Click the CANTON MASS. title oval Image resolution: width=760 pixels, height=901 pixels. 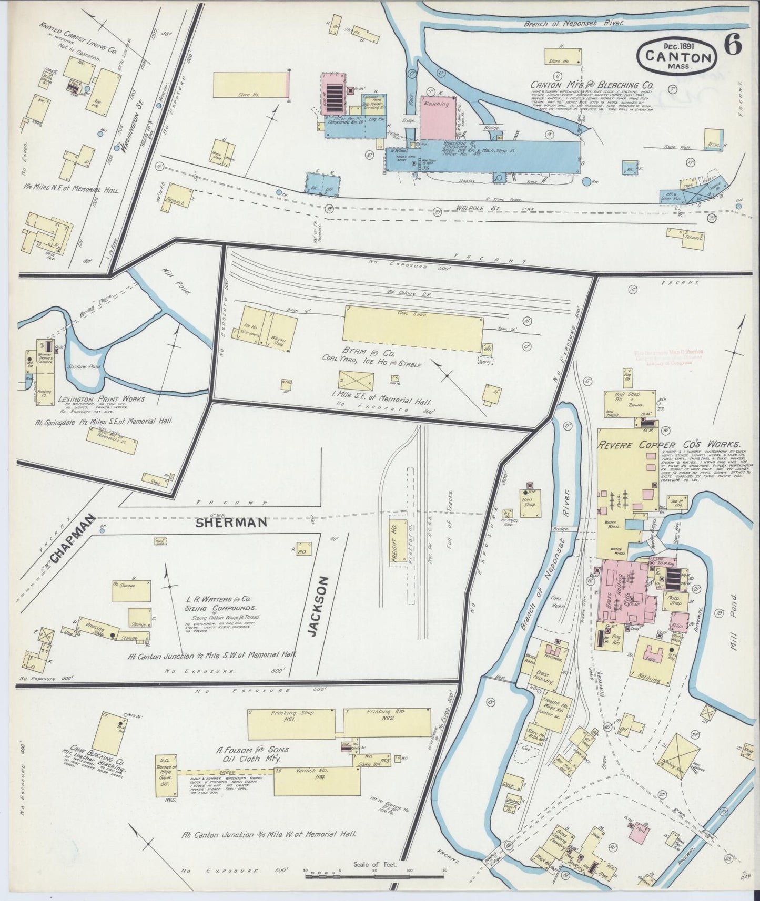(x=675, y=55)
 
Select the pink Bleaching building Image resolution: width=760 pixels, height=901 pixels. (x=438, y=118)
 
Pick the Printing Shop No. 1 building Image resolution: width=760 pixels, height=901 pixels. (x=290, y=723)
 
